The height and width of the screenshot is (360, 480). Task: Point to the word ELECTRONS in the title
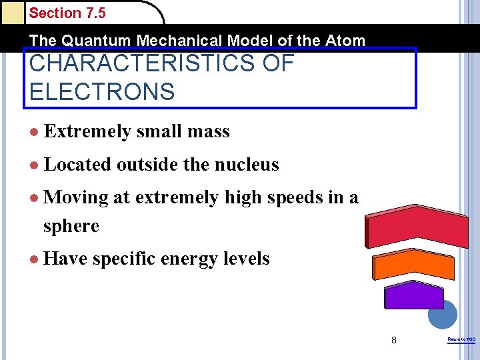(x=102, y=91)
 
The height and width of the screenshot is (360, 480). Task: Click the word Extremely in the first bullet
(x=87, y=132)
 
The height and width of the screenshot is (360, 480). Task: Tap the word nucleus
(x=251, y=165)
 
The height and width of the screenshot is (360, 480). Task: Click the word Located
(x=77, y=165)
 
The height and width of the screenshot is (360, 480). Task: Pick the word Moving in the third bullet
(x=75, y=197)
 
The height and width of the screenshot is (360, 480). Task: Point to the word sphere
(x=71, y=226)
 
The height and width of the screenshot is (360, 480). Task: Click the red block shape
(x=417, y=227)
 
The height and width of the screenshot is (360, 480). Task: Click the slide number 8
(x=394, y=340)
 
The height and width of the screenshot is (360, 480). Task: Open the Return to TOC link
(x=461, y=340)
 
